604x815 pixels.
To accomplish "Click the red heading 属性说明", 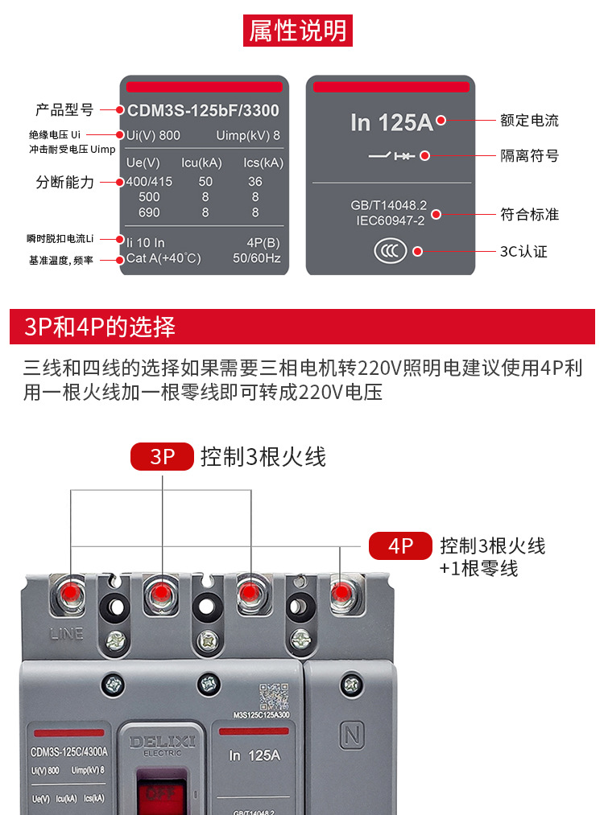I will [298, 31].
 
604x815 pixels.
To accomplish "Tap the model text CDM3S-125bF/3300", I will [203, 111].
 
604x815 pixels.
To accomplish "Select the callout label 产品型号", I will [64, 110].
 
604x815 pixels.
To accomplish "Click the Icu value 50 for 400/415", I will [205, 182].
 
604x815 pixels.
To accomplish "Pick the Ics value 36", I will [255, 182].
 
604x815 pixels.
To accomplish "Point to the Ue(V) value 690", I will [149, 212].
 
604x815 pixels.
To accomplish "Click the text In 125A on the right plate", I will [391, 122].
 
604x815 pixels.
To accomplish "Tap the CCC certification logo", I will [391, 251].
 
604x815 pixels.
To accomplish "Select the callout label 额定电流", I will [529, 121].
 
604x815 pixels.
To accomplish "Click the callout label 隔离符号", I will [529, 155].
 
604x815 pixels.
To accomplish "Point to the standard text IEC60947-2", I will [391, 220].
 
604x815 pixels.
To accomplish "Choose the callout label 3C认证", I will [523, 251].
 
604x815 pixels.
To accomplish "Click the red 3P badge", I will [163, 457].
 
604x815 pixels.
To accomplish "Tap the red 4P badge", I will [400, 546].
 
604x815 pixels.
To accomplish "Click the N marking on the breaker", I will [350, 735].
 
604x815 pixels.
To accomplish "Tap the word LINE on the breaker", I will [66, 633].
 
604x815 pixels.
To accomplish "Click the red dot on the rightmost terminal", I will [341, 594].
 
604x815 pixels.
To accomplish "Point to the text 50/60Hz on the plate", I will [256, 258].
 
